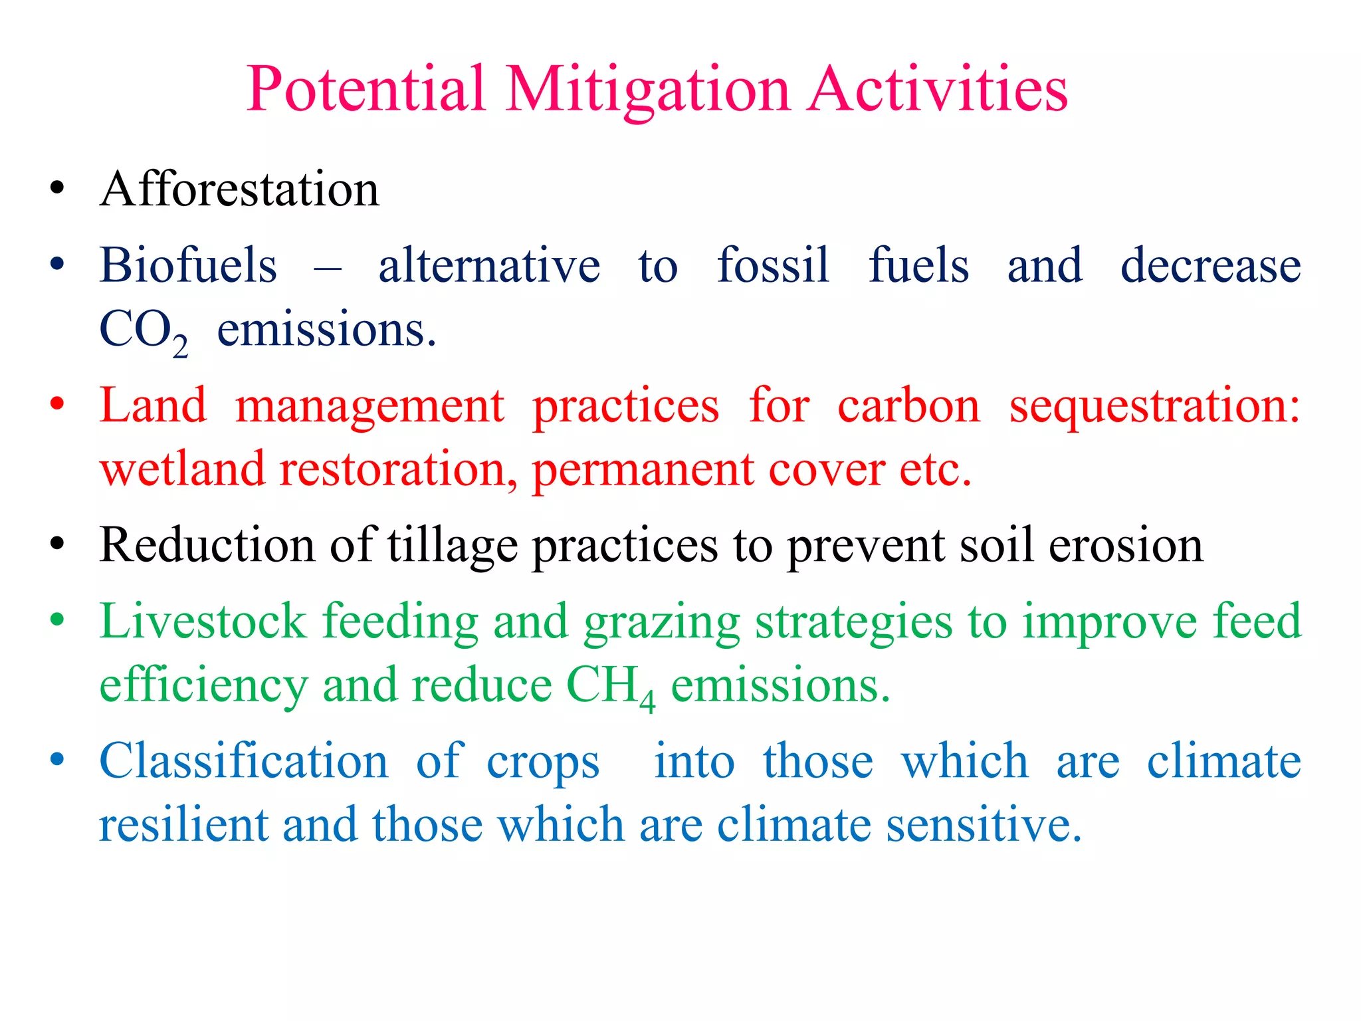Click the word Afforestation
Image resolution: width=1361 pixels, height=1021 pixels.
click(x=239, y=190)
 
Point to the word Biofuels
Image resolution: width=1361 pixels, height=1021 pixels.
click(x=188, y=266)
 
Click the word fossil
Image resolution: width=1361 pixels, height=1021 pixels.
click(x=773, y=266)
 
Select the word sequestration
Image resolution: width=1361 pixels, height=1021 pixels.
click(x=1154, y=405)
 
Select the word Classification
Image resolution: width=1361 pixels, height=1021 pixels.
click(x=243, y=762)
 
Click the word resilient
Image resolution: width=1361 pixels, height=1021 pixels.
click(x=183, y=826)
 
